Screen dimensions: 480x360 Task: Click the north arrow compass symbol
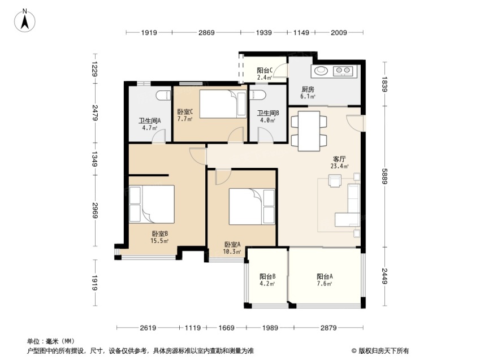[x=25, y=21]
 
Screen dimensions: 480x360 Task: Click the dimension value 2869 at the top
[x=206, y=32]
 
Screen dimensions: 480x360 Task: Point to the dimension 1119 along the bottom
[x=193, y=328]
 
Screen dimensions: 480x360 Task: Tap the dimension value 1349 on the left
[x=94, y=159]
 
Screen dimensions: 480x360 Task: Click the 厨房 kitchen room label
[x=308, y=89]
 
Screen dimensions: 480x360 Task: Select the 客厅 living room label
[x=339, y=159]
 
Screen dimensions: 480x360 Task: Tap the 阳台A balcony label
[x=325, y=276]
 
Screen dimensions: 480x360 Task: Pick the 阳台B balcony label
[x=267, y=276]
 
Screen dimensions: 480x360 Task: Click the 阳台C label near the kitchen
[x=265, y=71]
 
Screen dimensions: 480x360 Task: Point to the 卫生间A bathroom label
[x=150, y=120]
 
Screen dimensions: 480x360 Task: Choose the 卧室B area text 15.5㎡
[x=159, y=241]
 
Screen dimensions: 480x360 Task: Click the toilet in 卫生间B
[x=257, y=94]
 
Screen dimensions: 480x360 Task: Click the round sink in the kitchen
[x=321, y=71]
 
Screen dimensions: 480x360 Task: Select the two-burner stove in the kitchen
[x=343, y=71]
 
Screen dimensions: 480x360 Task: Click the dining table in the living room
[x=309, y=131]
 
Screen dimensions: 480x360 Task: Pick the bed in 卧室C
[x=223, y=104]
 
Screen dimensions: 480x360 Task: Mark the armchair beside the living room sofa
[x=335, y=180]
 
